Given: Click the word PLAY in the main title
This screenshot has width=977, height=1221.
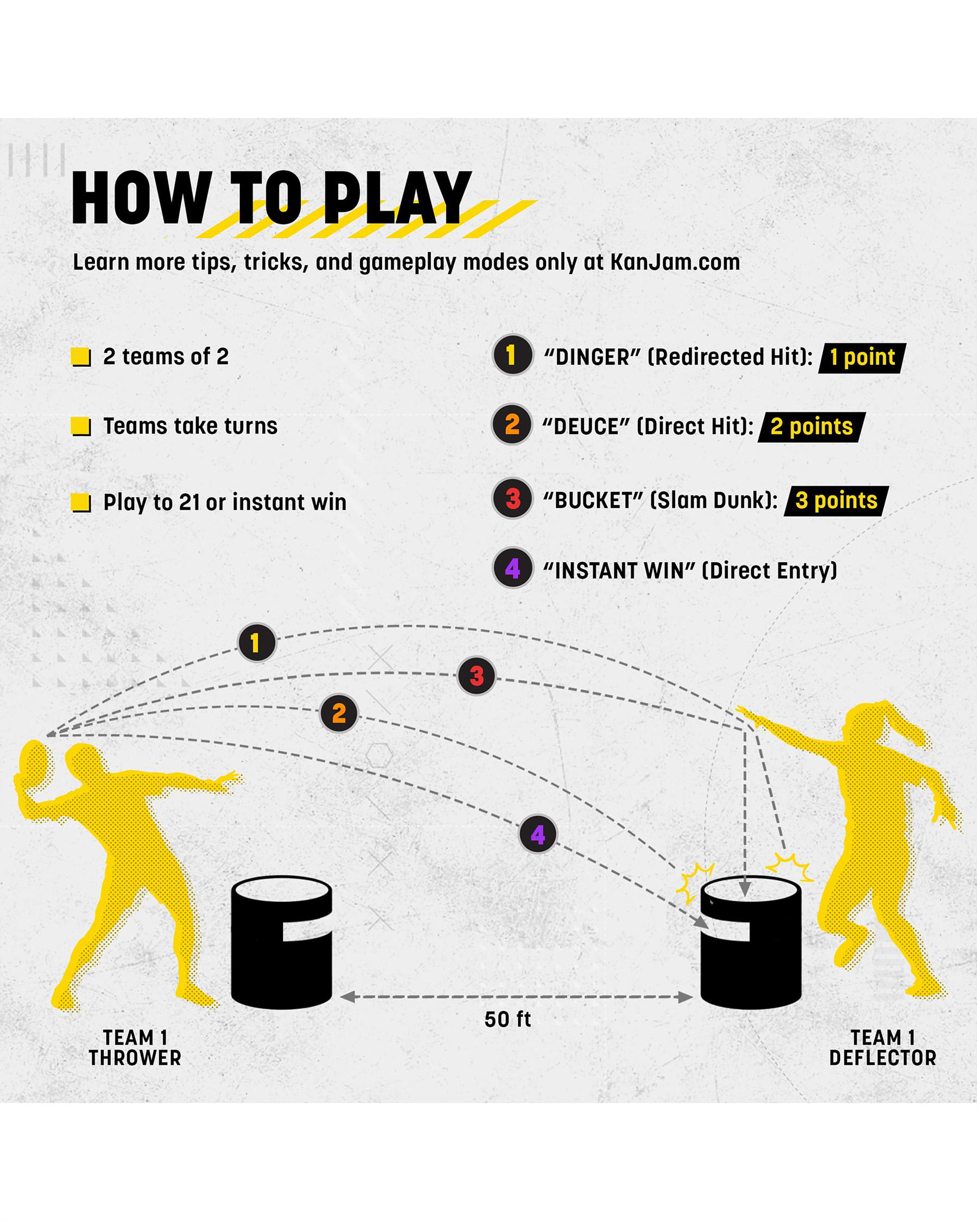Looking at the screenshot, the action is click(x=396, y=198).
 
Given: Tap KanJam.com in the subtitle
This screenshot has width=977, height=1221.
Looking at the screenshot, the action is click(x=675, y=262).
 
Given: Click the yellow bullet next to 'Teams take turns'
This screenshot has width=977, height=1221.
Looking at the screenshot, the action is click(x=81, y=427).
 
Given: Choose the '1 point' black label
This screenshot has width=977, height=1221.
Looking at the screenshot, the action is click(x=862, y=358).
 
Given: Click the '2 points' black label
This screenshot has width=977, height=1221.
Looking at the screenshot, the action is click(x=811, y=427).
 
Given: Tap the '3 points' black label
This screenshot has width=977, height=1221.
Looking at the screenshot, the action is click(x=836, y=501).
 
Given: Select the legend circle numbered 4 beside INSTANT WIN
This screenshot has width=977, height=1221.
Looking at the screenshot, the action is click(x=512, y=568).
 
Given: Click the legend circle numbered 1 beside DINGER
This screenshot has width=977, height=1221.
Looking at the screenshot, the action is click(x=512, y=355).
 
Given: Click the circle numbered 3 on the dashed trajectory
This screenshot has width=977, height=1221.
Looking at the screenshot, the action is click(x=477, y=676).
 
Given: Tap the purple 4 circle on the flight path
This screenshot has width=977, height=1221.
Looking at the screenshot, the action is click(x=538, y=834).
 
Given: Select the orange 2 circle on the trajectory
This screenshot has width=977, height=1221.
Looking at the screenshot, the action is click(x=339, y=713).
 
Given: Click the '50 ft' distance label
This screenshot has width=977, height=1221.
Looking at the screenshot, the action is click(x=507, y=1019).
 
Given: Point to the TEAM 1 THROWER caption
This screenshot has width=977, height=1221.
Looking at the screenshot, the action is click(x=135, y=1048).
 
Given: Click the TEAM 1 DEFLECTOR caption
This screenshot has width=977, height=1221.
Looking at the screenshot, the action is click(x=883, y=1048).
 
